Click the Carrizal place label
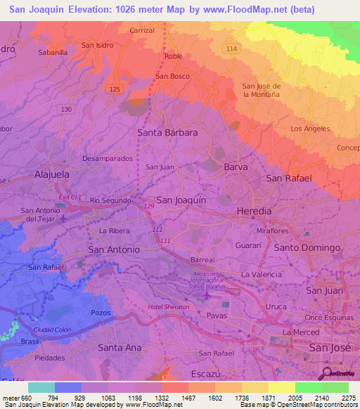point(142,31)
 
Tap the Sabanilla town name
point(53,52)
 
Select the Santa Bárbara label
point(167,132)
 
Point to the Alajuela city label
point(55,174)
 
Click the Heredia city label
point(254,211)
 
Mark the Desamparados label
point(108,159)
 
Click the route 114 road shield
point(231,48)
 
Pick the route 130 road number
point(67,109)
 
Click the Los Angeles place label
point(310,129)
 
